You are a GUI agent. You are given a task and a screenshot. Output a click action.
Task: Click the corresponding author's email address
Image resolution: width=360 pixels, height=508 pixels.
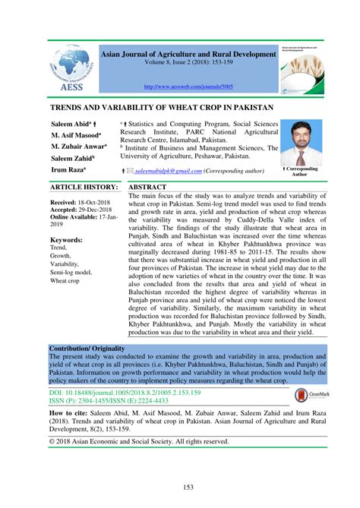(169, 172)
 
